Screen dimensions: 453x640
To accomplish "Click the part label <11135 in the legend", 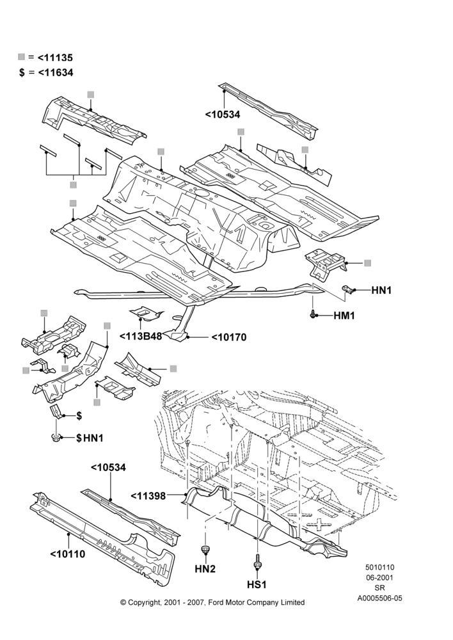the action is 55,58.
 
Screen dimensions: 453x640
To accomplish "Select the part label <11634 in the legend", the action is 56,73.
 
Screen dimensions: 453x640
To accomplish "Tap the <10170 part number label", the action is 228,337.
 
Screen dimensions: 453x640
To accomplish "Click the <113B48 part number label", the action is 141,336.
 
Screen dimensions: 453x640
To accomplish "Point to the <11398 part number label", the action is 148,496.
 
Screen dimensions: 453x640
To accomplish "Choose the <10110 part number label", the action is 68,554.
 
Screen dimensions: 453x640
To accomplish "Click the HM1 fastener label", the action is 344,316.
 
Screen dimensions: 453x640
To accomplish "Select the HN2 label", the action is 205,568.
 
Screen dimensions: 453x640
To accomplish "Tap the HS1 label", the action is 257,584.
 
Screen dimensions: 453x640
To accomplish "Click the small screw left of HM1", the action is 313,315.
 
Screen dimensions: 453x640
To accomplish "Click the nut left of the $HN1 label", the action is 56,438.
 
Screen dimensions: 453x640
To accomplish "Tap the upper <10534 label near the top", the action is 223,115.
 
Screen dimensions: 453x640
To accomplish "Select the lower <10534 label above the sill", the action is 108,467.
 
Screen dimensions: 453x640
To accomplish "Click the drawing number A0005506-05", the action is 379,598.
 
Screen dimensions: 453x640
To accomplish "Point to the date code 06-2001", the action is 379,577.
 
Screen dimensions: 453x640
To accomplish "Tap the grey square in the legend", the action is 22,57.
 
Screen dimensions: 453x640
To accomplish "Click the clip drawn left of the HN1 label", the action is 347,289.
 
